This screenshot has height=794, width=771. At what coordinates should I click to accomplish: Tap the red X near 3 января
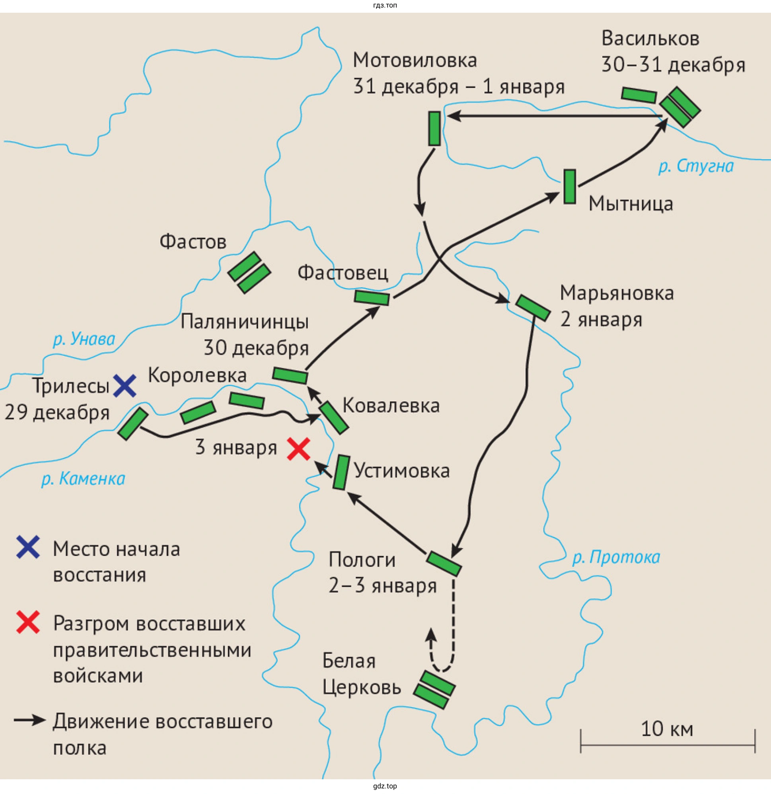[298, 449]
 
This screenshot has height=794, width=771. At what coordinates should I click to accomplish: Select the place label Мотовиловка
[415, 60]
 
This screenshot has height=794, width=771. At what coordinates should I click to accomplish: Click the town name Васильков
[650, 39]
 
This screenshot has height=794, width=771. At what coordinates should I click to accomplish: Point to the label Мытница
[631, 203]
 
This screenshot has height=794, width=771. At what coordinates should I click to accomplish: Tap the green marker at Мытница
[570, 187]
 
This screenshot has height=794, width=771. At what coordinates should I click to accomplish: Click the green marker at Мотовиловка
[434, 129]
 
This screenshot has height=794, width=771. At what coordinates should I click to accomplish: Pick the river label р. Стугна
[696, 166]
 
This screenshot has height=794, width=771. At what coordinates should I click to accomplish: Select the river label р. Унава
[84, 339]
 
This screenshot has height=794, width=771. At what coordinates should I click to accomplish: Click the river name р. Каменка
[83, 479]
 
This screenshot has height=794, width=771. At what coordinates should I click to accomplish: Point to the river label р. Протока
[616, 558]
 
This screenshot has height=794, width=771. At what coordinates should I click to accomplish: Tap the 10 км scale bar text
[667, 729]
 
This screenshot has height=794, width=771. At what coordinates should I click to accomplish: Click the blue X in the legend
[28, 547]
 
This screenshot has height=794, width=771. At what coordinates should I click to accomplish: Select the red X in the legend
[28, 622]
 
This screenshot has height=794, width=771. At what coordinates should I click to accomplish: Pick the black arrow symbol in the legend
[29, 720]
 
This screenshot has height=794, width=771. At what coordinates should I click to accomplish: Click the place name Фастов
[193, 242]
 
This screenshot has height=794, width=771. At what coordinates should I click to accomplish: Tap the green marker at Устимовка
[341, 472]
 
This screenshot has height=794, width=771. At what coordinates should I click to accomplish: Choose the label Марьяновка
[617, 293]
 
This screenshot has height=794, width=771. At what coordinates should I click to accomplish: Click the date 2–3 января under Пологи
[383, 586]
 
